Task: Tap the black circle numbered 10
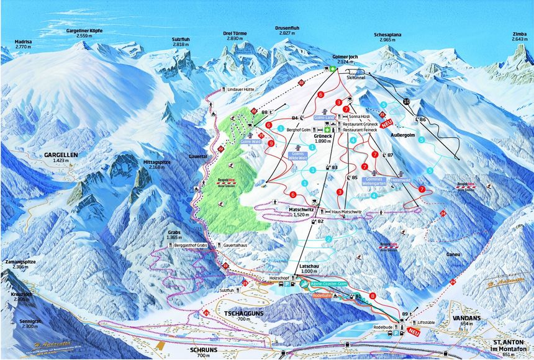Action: (x=407, y=101)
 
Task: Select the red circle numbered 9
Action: (x=271, y=143)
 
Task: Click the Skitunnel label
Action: (x=356, y=78)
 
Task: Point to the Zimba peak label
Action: (x=519, y=34)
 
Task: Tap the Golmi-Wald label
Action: (x=250, y=142)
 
